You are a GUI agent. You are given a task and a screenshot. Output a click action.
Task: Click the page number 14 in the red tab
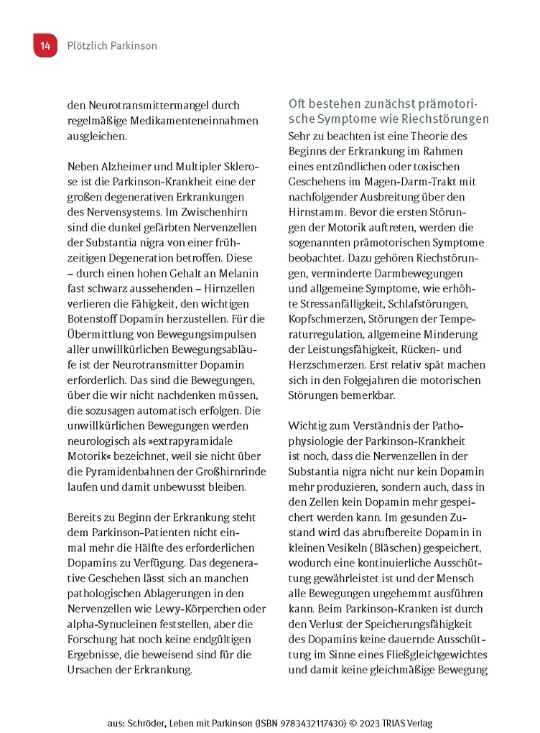click(45, 45)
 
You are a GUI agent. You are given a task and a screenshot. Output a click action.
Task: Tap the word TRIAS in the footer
click(395, 722)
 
